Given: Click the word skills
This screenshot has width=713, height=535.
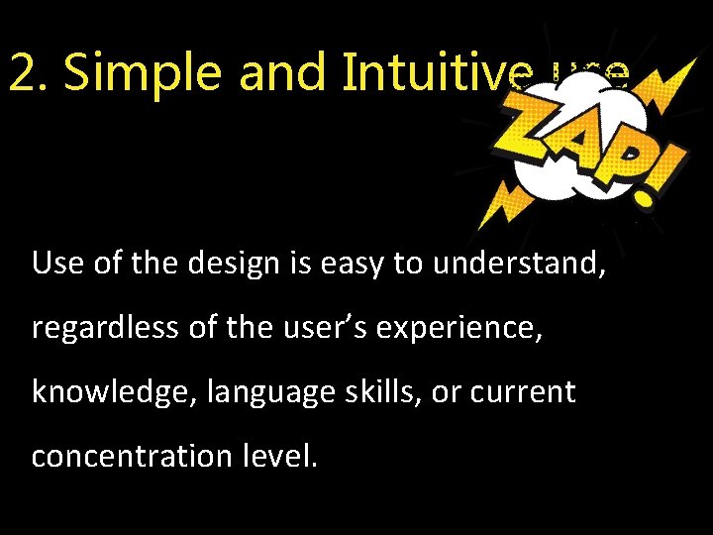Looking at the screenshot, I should (377, 392).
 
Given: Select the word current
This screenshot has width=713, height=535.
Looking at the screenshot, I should (524, 393).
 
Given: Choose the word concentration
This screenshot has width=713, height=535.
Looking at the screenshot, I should (125, 457).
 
